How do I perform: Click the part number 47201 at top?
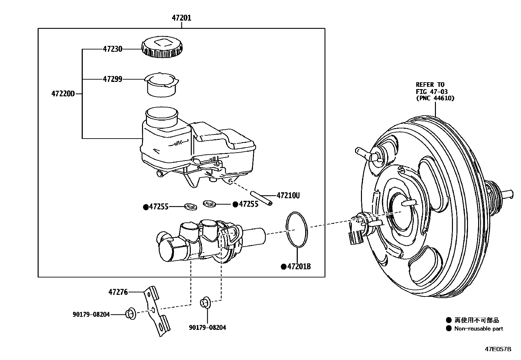coord(182,18)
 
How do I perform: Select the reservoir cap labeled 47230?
coord(162,47)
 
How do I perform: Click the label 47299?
coord(112,79)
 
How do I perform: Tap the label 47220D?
coord(63,94)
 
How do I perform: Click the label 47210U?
coord(288,196)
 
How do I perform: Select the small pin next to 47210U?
coord(261,198)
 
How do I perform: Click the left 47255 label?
coord(158,207)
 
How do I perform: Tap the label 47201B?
coord(298,267)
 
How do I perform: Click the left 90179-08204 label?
coord(91,314)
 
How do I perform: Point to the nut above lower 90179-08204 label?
coord(205,302)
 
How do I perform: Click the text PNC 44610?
coord(435,98)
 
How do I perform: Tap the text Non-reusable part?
coord(478,329)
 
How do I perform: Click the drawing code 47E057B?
coord(498,349)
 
